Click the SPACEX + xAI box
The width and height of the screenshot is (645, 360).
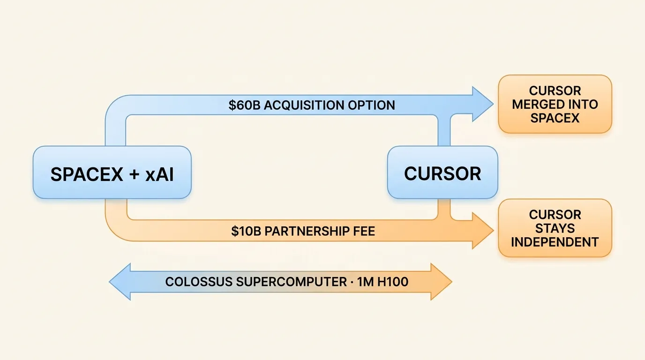click(112, 172)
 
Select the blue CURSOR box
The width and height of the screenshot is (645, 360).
click(442, 172)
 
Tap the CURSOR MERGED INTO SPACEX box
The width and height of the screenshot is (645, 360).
click(555, 104)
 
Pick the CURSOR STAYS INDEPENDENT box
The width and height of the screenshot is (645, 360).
click(555, 228)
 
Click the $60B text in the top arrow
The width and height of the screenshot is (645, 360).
click(245, 105)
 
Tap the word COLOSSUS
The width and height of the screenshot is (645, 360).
click(199, 282)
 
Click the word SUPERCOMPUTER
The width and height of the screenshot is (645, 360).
click(292, 282)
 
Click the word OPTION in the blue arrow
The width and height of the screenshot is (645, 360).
click(371, 105)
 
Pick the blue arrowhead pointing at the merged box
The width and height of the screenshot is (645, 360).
click(483, 104)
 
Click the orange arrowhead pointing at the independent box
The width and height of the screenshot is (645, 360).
click(483, 231)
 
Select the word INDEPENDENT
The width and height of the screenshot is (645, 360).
click(555, 242)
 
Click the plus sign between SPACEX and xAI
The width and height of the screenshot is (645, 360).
click(134, 174)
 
